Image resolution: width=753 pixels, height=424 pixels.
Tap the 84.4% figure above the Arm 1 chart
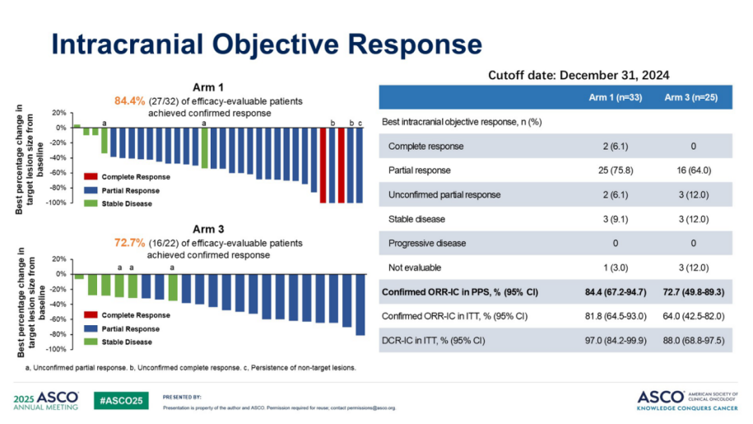pyautogui.click(x=130, y=100)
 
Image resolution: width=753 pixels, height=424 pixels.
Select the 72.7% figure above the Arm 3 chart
pyautogui.click(x=130, y=244)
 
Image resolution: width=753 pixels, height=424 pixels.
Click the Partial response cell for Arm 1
pyautogui.click(x=616, y=170)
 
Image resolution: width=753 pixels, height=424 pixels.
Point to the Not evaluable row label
pyautogui.click(x=415, y=268)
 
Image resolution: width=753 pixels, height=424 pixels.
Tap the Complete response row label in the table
pyautogui.click(x=425, y=147)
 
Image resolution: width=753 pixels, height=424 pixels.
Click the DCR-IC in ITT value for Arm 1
pyautogui.click(x=616, y=341)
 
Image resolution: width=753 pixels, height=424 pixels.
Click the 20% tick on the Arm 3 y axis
pyautogui.click(x=58, y=259)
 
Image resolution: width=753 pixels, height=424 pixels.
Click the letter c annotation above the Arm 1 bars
pyautogui.click(x=360, y=123)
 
